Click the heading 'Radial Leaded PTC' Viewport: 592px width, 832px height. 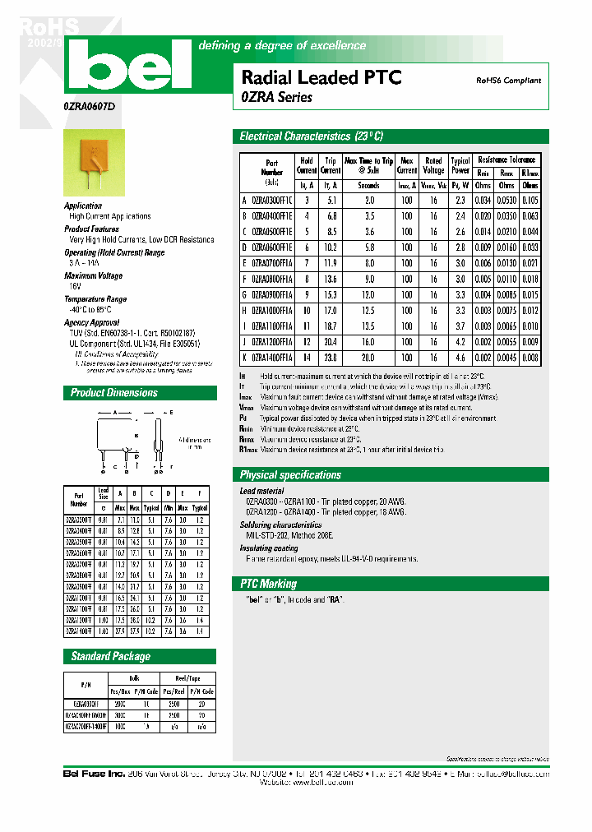[321, 78]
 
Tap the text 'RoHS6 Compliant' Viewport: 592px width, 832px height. [508, 81]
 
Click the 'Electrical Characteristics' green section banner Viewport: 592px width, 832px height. [312, 136]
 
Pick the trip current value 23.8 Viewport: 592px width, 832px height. [331, 358]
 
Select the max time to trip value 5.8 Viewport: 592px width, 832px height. [368, 247]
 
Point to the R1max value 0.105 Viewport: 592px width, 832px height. [530, 200]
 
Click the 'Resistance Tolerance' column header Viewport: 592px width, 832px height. [506, 159]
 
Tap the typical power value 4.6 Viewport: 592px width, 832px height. [460, 358]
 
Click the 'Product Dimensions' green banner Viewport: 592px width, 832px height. [114, 393]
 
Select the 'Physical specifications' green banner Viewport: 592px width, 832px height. [289, 475]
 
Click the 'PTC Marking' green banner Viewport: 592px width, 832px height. [269, 584]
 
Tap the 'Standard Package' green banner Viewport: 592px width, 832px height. [111, 657]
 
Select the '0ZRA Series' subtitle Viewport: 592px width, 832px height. [277, 97]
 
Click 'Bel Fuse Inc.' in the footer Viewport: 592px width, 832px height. [94, 774]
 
